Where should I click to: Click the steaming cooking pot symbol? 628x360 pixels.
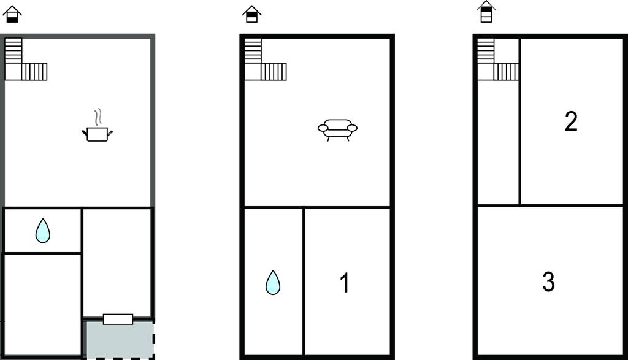[98, 133]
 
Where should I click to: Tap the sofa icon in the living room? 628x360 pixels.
[338, 130]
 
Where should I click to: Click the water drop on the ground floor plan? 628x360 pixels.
[43, 231]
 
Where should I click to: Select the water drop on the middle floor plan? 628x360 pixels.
[273, 283]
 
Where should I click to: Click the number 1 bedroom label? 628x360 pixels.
[345, 283]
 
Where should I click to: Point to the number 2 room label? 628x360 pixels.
[571, 121]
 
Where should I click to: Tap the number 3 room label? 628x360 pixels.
[548, 281]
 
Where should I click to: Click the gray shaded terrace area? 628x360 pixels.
[120, 339]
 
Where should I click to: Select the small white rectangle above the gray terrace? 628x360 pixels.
[118, 319]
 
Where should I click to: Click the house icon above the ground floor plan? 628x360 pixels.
[12, 14]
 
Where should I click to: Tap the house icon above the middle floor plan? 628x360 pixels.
[251, 14]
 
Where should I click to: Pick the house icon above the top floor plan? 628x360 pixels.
[486, 12]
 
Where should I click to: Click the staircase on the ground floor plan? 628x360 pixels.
[26, 59]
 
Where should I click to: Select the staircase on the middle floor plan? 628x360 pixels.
[266, 59]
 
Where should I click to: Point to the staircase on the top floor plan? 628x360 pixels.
[498, 59]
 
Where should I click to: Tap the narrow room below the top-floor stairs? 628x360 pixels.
[498, 142]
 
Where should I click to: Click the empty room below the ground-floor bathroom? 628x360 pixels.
[42, 304]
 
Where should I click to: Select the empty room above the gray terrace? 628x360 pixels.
[117, 262]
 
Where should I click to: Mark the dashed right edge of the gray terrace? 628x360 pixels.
[154, 339]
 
